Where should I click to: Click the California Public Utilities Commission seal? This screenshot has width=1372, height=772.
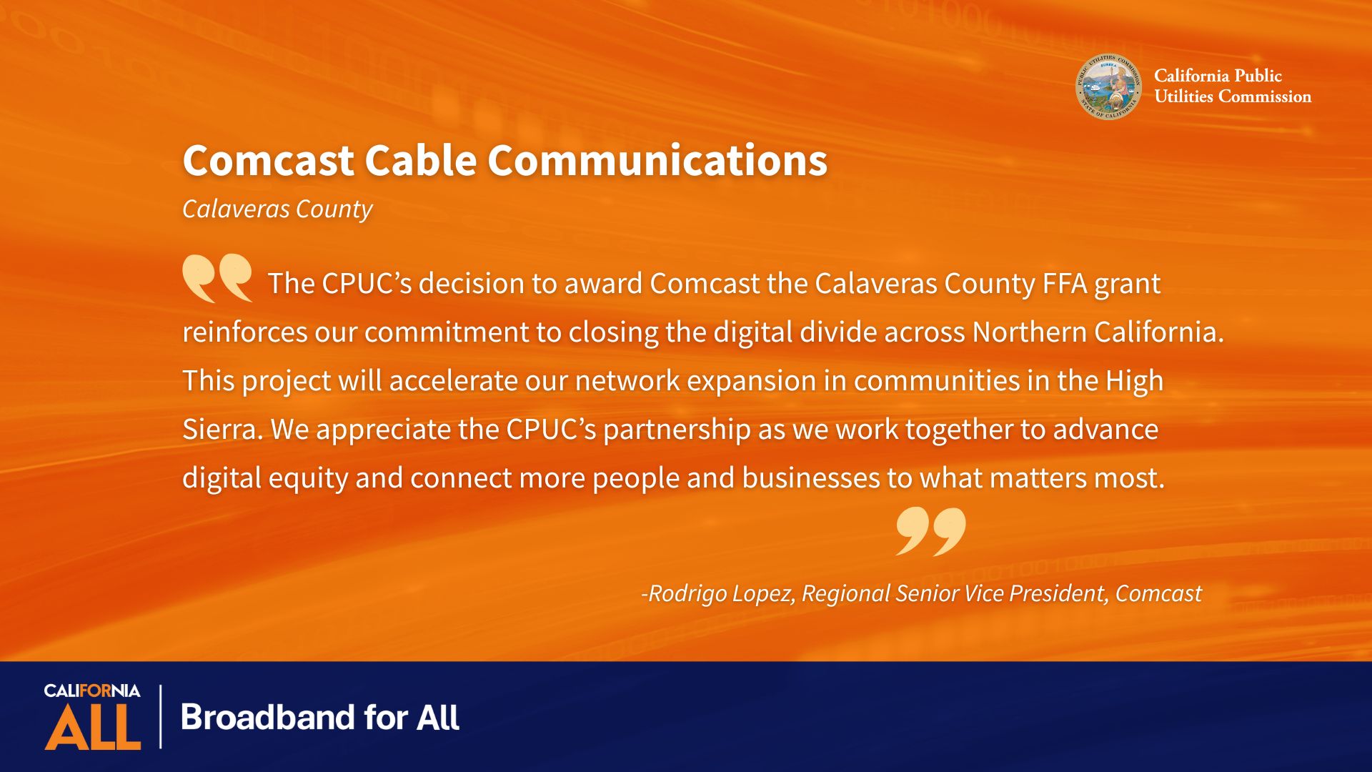pyautogui.click(x=1108, y=86)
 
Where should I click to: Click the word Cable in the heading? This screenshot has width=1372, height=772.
pyautogui.click(x=421, y=160)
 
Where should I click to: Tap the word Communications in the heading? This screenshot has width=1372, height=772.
pyautogui.click(x=657, y=160)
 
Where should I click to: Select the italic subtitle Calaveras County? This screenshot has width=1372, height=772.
pyautogui.click(x=277, y=209)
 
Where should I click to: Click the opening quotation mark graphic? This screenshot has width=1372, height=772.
pyautogui.click(x=217, y=278)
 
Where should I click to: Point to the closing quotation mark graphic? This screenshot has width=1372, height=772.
pyautogui.click(x=930, y=531)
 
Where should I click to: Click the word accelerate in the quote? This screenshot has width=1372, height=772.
pyautogui.click(x=453, y=381)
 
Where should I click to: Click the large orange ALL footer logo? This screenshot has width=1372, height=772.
pyautogui.click(x=93, y=727)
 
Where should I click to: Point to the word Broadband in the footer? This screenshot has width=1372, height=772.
pyautogui.click(x=268, y=717)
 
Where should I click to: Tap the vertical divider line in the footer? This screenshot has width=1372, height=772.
pyautogui.click(x=160, y=716)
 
